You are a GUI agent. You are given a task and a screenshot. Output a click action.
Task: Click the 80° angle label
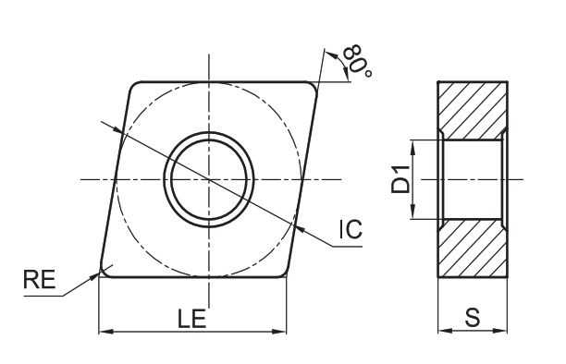(x=357, y=60)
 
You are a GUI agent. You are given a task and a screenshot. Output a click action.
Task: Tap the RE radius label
(x=40, y=279)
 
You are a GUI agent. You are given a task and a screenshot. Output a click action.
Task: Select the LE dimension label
(x=191, y=319)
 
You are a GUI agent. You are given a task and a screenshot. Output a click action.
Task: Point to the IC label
(x=351, y=229)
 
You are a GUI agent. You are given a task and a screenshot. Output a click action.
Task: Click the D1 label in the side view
(x=401, y=179)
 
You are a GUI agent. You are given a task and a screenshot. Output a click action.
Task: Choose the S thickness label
(x=473, y=318)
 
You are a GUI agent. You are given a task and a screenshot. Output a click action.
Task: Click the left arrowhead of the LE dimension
(x=105, y=331)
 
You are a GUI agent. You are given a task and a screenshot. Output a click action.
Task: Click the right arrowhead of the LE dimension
(x=279, y=331)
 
